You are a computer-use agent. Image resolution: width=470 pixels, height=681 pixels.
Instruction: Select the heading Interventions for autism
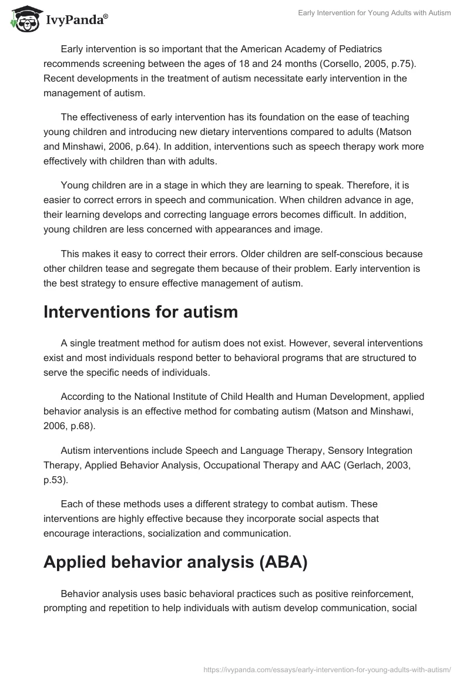[x=140, y=312]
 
